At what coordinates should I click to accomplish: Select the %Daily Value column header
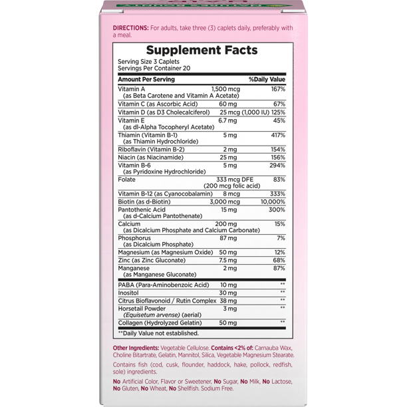coord(267,79)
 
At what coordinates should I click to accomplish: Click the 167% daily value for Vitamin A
coord(277,88)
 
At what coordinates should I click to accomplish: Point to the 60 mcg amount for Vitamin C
coord(228,104)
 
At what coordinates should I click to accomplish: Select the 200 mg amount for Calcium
coord(227,224)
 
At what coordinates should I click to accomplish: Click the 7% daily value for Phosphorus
coord(281,238)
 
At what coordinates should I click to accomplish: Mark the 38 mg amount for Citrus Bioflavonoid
coord(228,301)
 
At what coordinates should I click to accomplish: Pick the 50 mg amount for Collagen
coord(228,323)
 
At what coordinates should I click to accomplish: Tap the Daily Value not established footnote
coord(158,333)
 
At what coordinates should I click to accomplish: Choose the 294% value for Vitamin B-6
coord(277,165)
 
